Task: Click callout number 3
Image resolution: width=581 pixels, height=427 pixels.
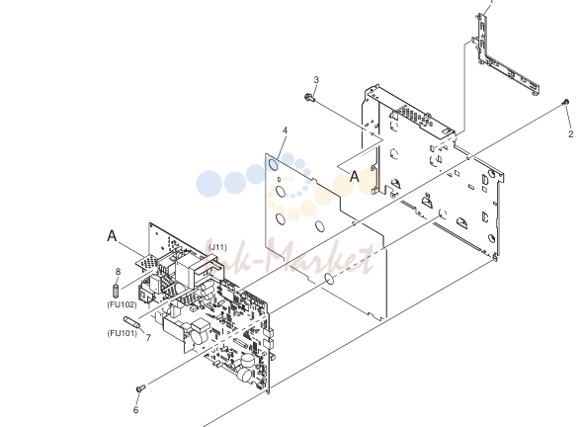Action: [316, 80]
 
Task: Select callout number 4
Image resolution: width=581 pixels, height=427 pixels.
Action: [285, 130]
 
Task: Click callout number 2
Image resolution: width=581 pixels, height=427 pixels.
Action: [571, 133]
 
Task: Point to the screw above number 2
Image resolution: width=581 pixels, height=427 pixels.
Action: [565, 102]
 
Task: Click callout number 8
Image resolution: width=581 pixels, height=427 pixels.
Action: [118, 271]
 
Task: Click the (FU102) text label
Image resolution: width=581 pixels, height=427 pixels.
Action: [122, 304]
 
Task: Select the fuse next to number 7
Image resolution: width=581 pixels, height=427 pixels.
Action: [131, 322]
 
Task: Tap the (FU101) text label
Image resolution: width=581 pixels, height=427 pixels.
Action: [122, 333]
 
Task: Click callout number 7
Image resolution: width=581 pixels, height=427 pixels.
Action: [148, 338]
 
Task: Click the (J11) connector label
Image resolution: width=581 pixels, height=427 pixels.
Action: [217, 247]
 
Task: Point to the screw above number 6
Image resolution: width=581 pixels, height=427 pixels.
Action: [140, 388]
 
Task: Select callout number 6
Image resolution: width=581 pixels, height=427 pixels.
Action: [135, 409]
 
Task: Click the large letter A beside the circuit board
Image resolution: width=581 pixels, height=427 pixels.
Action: [112, 235]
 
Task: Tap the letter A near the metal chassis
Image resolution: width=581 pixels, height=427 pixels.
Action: [354, 176]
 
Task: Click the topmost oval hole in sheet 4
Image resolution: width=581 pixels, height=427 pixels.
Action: [273, 163]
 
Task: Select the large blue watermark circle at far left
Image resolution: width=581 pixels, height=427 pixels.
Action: [209, 184]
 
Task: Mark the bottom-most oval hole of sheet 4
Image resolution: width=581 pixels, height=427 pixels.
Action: [329, 280]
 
